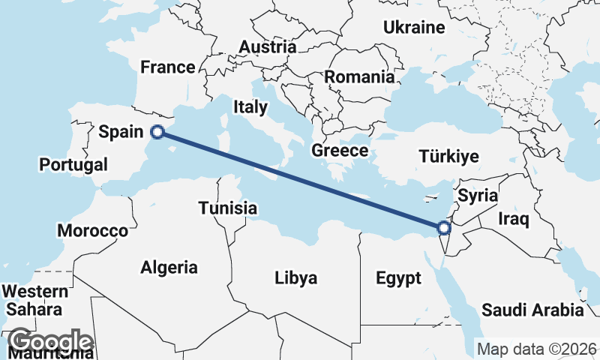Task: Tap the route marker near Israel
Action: pyautogui.click(x=443, y=227)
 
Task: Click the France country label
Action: pyautogui.click(x=168, y=67)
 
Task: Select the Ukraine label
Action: pyautogui.click(x=414, y=28)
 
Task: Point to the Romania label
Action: pyautogui.click(x=359, y=76)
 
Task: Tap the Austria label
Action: pyautogui.click(x=267, y=47)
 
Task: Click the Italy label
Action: pyautogui.click(x=250, y=106)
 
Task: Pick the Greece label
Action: pyautogui.click(x=340, y=150)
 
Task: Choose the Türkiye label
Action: pyautogui.click(x=448, y=157)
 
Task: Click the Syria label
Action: pyautogui.click(x=478, y=196)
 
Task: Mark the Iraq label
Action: pyautogui.click(x=514, y=220)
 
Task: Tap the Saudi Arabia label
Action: pyautogui.click(x=532, y=310)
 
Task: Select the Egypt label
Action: pyautogui.click(x=398, y=279)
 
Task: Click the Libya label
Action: pyautogui.click(x=295, y=278)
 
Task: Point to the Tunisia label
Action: pyautogui.click(x=228, y=208)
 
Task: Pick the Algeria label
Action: pyautogui.click(x=169, y=267)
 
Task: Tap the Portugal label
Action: pyautogui.click(x=75, y=164)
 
